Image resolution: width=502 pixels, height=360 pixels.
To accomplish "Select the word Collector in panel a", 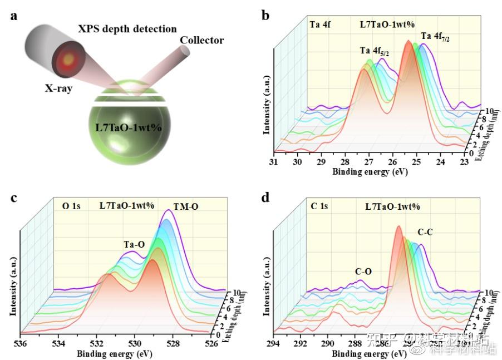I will click(x=201, y=40).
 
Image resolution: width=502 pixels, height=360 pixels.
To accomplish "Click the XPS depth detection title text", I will click(x=127, y=28).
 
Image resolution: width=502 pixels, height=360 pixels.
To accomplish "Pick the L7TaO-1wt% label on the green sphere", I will click(x=129, y=127).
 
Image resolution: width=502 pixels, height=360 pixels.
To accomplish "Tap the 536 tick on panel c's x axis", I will click(x=21, y=343).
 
